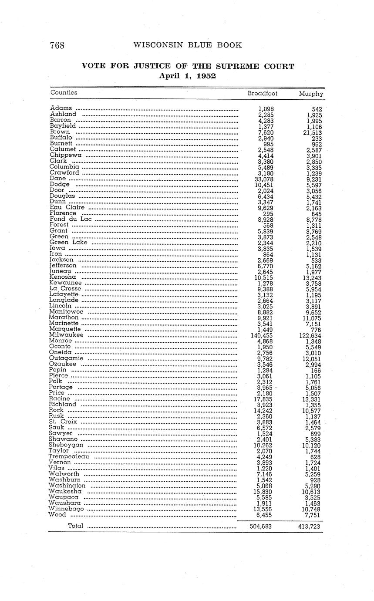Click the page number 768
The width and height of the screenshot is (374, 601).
click(57, 45)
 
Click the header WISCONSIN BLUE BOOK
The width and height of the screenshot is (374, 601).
click(187, 45)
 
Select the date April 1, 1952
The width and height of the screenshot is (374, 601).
click(188, 75)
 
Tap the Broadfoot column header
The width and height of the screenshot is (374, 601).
click(262, 93)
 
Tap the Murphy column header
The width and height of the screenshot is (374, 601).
click(311, 93)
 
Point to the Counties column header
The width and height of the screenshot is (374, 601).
click(64, 92)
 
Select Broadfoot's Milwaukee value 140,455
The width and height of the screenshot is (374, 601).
click(262, 335)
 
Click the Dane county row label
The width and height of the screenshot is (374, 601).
click(58, 178)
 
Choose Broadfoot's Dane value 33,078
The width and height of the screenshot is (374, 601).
click(264, 179)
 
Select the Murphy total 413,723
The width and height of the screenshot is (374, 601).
click(310, 526)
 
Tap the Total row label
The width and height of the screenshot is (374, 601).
click(75, 526)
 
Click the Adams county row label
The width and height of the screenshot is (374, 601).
click(61, 108)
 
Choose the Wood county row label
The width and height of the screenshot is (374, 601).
click(57, 514)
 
